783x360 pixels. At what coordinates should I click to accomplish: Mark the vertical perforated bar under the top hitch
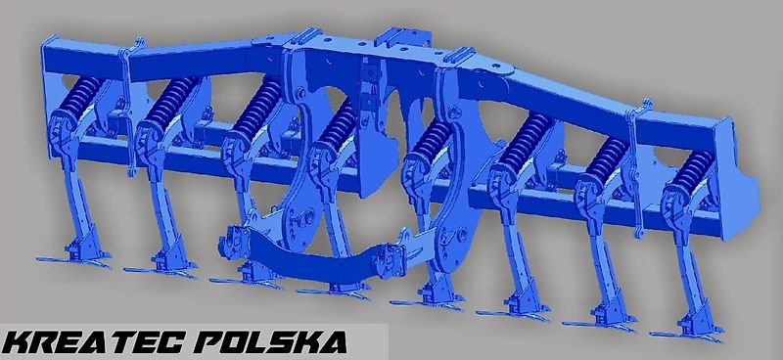point(369,93)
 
